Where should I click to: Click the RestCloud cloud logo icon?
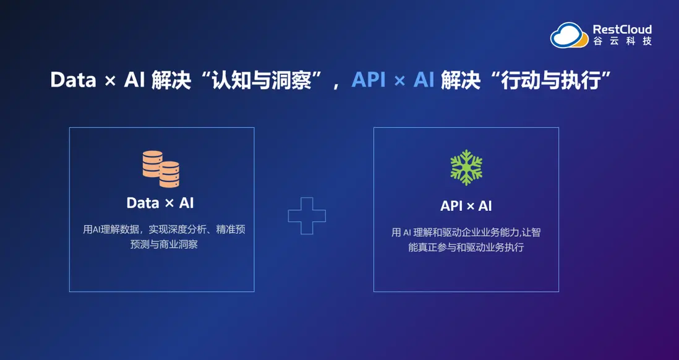coord(569,35)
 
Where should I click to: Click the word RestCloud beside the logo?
coord(622,30)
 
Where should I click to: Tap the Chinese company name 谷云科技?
coord(622,41)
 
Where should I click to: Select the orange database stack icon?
coord(161,169)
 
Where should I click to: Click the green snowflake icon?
coord(466,168)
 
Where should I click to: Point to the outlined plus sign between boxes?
coord(307,216)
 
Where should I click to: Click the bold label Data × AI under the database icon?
coord(160,203)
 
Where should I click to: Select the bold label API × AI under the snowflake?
coord(466,206)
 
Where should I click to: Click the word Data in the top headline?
coord(73,80)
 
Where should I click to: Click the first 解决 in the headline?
coord(171,80)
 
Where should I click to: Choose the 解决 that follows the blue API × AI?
coord(460,80)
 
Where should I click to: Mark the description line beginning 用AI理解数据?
coord(164,229)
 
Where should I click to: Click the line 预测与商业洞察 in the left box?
coord(164,244)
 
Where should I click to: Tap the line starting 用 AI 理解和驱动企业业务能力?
coord(466,232)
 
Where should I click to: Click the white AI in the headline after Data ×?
coord(134,80)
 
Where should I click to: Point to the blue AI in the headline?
coord(424,80)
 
